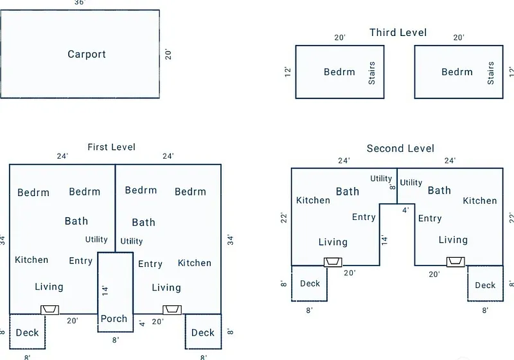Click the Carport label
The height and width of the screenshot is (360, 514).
[87, 54]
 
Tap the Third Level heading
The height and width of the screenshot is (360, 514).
[398, 32]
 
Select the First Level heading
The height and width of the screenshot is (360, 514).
[112, 147]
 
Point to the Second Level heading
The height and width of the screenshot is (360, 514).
[400, 148]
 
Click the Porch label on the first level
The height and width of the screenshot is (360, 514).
[116, 319]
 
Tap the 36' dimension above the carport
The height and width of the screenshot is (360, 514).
[80, 3]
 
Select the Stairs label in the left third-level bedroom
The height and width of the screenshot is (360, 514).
[371, 73]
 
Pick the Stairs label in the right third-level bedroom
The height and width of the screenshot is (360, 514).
[491, 73]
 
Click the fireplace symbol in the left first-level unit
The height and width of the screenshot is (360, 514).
[49, 310]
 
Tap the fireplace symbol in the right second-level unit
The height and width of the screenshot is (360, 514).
[456, 262]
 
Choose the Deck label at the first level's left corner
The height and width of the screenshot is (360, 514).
[28, 332]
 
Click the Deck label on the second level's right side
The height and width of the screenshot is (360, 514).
[485, 285]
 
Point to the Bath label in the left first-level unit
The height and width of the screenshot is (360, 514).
[76, 221]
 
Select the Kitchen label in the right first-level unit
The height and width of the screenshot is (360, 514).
[194, 263]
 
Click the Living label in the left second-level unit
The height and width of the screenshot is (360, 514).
[333, 242]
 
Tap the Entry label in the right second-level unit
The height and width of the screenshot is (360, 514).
[430, 219]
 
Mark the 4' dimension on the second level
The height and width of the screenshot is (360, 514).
[405, 210]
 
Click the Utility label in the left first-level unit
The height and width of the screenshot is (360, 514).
[96, 240]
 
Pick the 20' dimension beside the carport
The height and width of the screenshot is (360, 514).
[168, 53]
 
